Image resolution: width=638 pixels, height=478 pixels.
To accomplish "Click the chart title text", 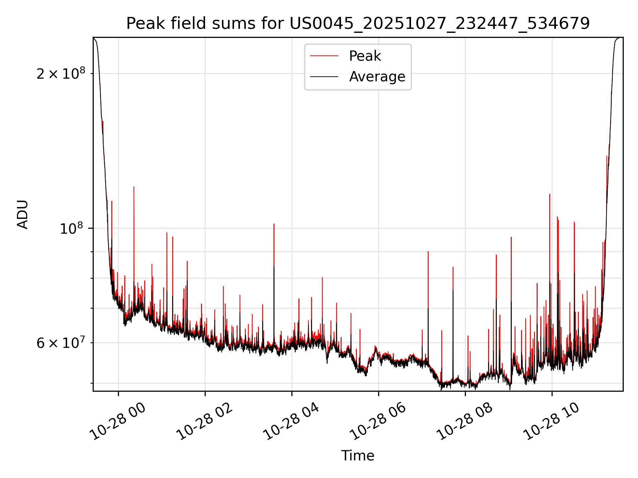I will tap(358, 24).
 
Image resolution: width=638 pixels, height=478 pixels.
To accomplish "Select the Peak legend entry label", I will tap(365, 56).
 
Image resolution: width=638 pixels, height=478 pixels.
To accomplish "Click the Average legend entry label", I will tap(377, 77).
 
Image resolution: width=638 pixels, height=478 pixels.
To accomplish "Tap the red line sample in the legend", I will tap(324, 56).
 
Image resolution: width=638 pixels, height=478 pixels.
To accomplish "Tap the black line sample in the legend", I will tap(324, 77).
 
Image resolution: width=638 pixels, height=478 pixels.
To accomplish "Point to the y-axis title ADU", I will tap(23, 214).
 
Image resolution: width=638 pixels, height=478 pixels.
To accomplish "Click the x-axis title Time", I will tap(358, 456).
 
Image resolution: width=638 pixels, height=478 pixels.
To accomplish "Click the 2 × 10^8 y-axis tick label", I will tap(61, 73).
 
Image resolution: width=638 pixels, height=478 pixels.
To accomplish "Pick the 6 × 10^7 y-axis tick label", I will tap(61, 343).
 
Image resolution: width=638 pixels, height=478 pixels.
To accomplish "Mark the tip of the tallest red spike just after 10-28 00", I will tap(134, 187).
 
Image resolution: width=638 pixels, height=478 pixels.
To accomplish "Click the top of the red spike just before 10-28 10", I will tap(550, 194).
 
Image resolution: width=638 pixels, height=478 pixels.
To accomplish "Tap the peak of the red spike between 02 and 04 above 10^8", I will tap(274, 224).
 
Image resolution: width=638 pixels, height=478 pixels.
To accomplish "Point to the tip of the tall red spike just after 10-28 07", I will tap(428, 252).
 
